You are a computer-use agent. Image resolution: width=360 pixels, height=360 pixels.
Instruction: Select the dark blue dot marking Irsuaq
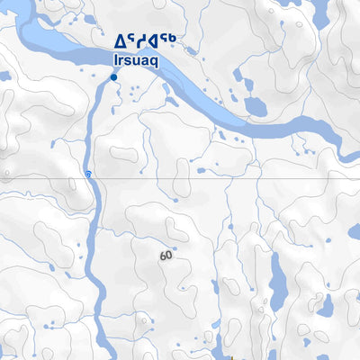click(x=113, y=78)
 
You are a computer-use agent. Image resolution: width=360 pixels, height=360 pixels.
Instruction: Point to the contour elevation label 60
click(x=166, y=256)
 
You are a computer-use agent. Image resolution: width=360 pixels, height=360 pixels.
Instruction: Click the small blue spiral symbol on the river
click(x=87, y=173)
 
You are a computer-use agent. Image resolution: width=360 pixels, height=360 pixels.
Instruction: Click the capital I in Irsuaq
click(x=116, y=59)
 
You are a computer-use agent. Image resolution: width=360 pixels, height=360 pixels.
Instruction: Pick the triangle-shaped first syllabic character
click(x=119, y=40)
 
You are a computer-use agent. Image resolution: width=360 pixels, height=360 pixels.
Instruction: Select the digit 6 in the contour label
click(x=163, y=256)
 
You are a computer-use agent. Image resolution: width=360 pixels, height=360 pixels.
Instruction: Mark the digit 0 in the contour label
click(x=169, y=256)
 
